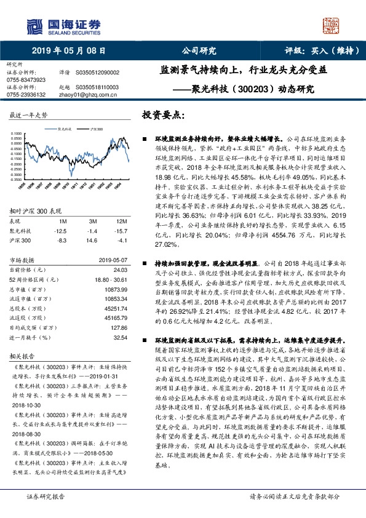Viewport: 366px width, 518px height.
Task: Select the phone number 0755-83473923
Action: tap(26, 80)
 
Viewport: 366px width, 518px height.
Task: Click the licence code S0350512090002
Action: tap(98, 73)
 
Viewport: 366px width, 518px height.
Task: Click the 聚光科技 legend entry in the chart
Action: tap(65, 131)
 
